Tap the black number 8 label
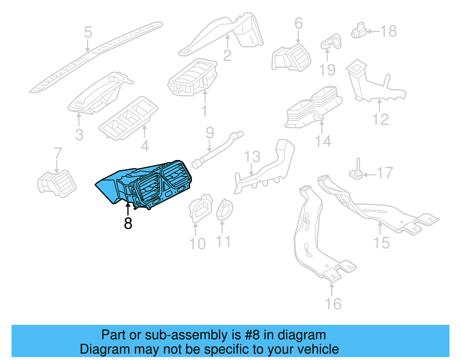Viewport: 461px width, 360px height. pyautogui.click(x=128, y=223)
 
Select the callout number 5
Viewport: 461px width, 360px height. pyautogui.click(x=88, y=32)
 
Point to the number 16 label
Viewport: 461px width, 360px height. pyautogui.click(x=333, y=304)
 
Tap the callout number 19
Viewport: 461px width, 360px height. pyautogui.click(x=327, y=70)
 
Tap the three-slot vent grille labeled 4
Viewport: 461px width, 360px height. pyautogui.click(x=128, y=118)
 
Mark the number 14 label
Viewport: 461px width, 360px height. pyautogui.click(x=323, y=141)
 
